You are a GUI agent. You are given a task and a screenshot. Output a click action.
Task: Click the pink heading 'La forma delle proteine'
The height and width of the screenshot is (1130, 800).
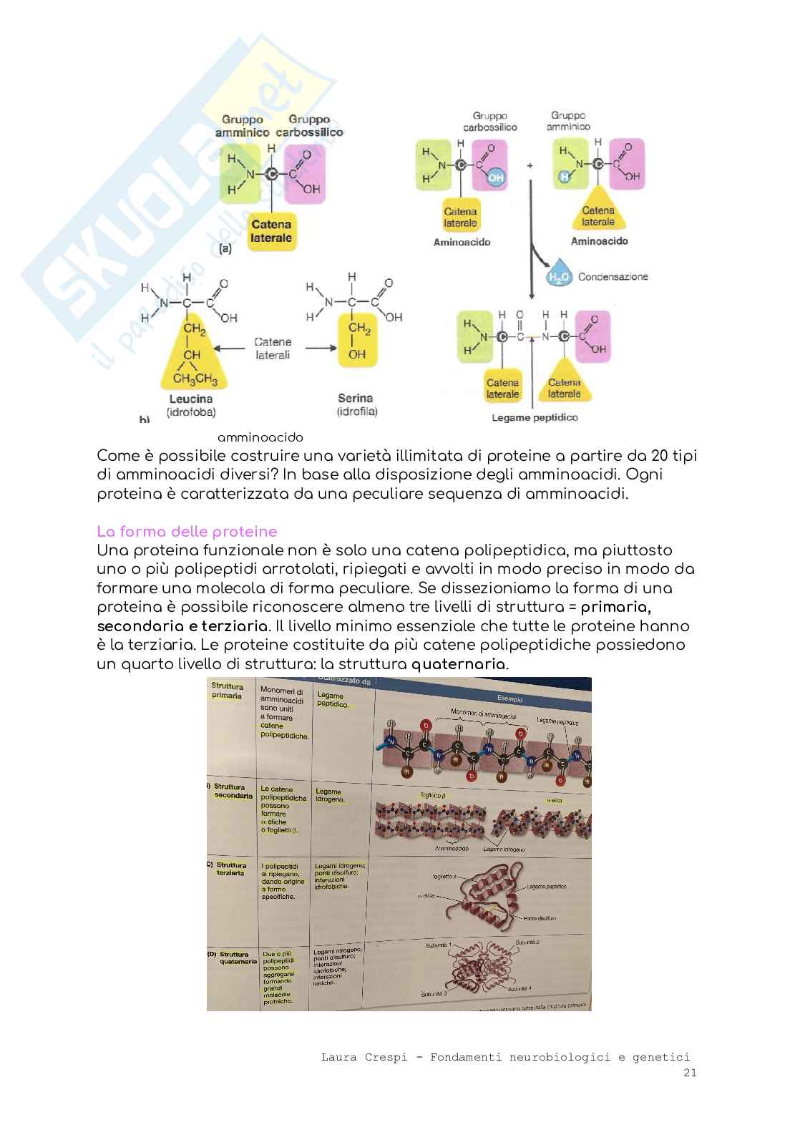coord(187,532)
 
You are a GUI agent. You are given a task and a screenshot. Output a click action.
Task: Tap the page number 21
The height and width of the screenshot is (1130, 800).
coord(690,1072)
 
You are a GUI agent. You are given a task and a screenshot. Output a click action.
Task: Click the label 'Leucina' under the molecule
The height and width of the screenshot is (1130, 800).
coord(191,399)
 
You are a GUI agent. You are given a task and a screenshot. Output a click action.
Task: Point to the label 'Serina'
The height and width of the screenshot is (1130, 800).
coord(356,398)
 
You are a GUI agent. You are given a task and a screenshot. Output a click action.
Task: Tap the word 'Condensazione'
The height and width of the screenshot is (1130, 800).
coord(613,276)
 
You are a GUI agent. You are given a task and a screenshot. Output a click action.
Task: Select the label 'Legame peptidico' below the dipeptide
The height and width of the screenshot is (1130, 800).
coord(535,417)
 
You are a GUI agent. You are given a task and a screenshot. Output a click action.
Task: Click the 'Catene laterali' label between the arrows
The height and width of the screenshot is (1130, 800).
coord(272,349)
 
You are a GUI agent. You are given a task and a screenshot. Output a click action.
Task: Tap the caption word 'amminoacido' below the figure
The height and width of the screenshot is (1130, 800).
coord(260,437)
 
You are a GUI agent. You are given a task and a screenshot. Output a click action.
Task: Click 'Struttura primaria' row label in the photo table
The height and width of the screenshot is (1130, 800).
coord(227,691)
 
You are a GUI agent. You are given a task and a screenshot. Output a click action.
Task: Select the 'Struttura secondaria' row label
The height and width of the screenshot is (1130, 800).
coord(232,791)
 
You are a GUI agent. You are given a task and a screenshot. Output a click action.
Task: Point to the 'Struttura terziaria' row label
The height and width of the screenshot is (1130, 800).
coord(230,869)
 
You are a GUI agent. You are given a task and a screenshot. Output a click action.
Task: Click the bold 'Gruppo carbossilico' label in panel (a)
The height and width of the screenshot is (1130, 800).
coord(308,126)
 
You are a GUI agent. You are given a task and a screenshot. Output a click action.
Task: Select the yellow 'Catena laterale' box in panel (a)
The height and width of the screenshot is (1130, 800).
coord(271,231)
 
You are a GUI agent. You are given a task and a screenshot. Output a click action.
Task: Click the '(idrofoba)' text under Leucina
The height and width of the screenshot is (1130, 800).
coord(191,412)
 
